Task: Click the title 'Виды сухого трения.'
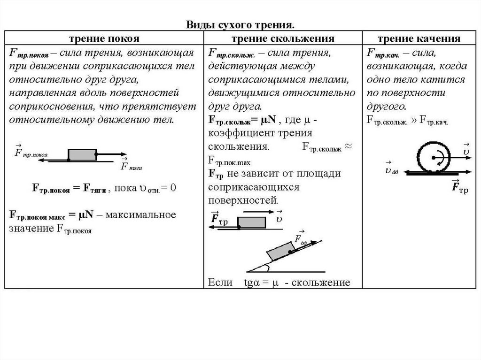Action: (240, 24)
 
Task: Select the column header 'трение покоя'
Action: (105, 38)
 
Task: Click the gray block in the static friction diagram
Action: (82, 154)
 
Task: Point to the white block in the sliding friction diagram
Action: (252, 222)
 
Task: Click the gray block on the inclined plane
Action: (280, 250)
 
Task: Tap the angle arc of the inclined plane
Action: (266, 268)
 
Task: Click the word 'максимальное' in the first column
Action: (140, 215)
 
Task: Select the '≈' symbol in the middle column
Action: (348, 146)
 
